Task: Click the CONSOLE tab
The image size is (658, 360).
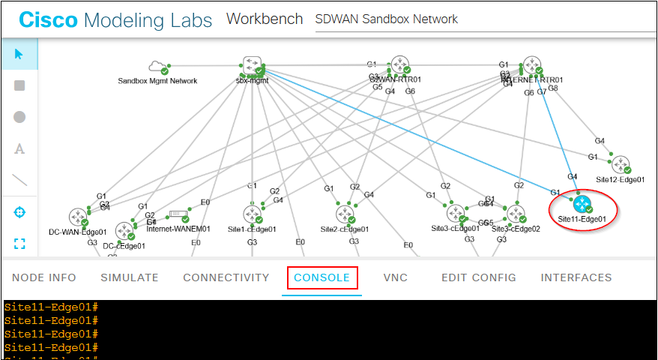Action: coord(322,277)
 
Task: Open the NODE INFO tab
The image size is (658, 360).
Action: coord(44,277)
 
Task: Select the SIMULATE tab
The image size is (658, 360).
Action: coord(130,277)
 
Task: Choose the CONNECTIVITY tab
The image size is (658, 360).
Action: coord(226,277)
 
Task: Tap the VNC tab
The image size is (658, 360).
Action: coord(395,277)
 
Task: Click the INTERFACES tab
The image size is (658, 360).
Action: coord(576,277)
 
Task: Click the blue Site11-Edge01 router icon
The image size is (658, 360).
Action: coord(582,203)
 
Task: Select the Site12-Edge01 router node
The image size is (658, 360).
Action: coord(621,164)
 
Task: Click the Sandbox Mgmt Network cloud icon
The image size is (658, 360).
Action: coord(158,67)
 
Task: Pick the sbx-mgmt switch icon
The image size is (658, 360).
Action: coord(250,66)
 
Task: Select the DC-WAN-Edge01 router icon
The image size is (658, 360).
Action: coord(78,218)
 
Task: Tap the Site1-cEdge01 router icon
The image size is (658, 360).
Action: coord(252,214)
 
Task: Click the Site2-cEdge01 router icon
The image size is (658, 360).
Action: coord(344,214)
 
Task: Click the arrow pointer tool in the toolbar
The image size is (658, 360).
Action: coord(19,54)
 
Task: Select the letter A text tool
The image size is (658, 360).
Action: coord(19,148)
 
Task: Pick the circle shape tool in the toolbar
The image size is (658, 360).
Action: coord(19,117)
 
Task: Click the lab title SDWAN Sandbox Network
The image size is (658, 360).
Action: coord(387,19)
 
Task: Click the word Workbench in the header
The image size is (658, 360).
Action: coord(265,19)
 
